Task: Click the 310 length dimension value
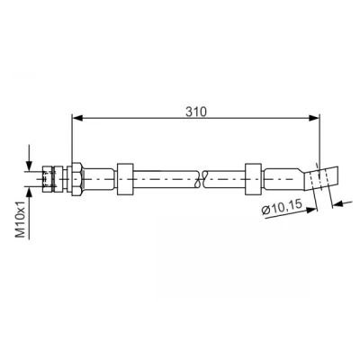pos(196,112)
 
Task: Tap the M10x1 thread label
pos(21,220)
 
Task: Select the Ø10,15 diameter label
pos(282,208)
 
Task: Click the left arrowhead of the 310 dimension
pos(77,118)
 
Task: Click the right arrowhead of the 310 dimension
pos(314,118)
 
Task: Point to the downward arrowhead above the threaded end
pos(29,166)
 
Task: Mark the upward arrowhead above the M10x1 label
pos(29,192)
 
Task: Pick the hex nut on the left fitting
pos(76,179)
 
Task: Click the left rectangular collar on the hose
pos(125,179)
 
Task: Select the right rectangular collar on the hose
pos(253,179)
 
